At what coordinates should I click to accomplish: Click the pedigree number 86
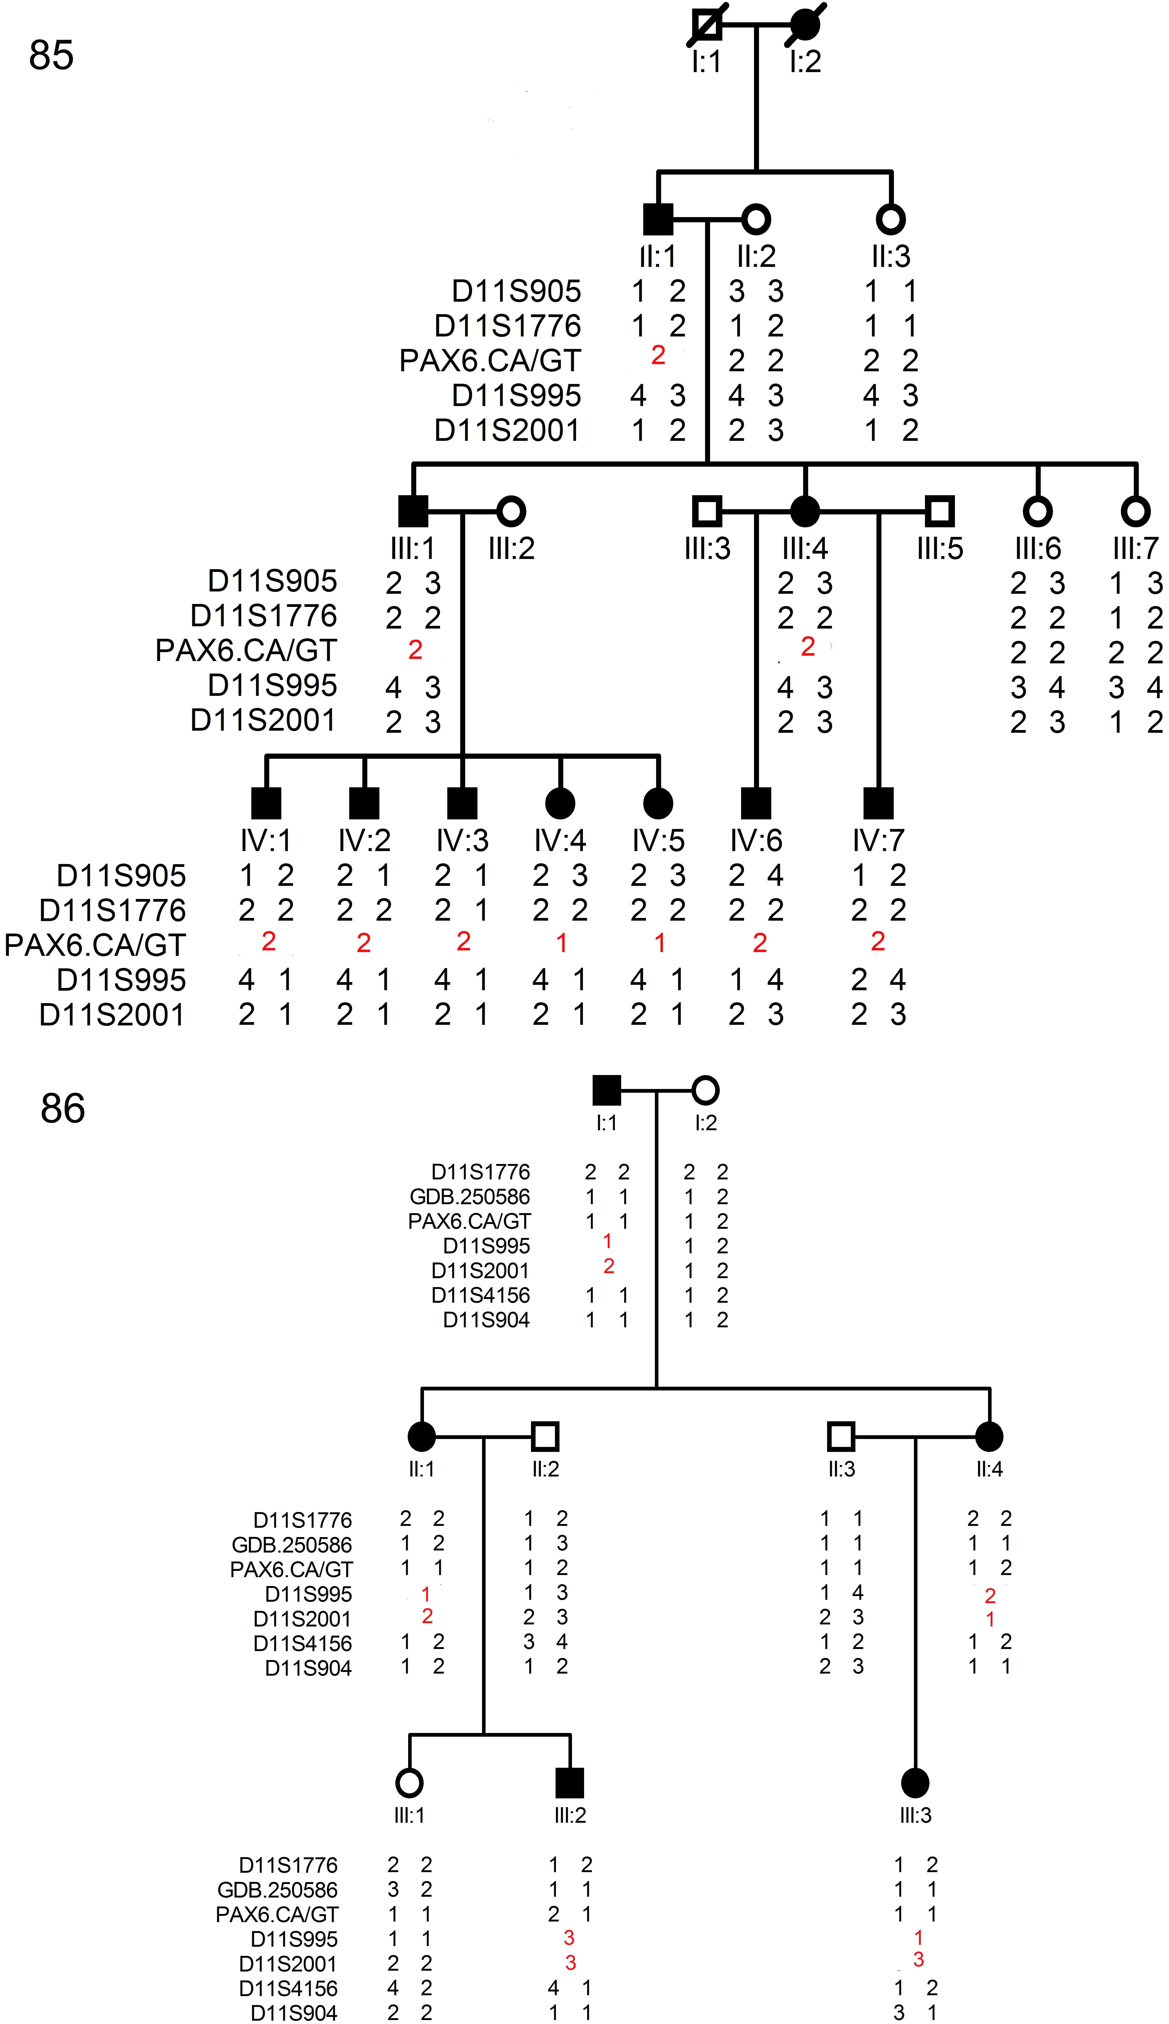pos(63,1109)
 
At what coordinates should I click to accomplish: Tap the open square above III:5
pos(939,511)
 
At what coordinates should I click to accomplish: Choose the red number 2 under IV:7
pos(877,941)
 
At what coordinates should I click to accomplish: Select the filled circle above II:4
pos(989,1436)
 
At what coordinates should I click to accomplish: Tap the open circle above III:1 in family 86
pos(409,1783)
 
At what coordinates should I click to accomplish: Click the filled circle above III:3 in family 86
pos(915,1783)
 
